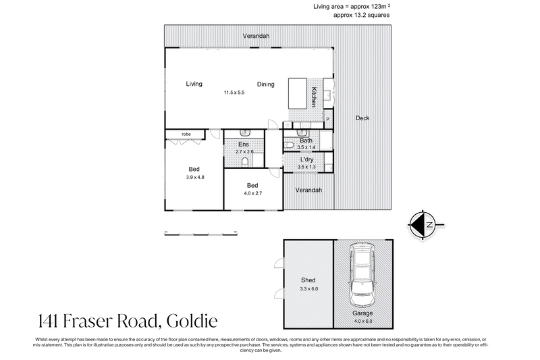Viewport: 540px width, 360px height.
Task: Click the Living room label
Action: point(194,84)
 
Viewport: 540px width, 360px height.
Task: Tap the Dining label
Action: point(265,84)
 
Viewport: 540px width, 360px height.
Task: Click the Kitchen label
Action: point(314,97)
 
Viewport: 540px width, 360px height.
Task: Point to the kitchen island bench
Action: point(298,93)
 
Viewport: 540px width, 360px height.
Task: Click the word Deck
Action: point(362,118)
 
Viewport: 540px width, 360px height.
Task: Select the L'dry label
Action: point(307,159)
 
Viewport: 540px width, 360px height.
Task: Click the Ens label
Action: point(244,145)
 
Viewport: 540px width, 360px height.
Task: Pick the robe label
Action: point(186,134)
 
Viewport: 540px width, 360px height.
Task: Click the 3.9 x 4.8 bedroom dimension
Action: point(195,177)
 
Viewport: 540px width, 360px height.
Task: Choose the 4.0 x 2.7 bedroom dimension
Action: point(252,193)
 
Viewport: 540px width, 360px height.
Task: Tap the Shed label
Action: point(308,280)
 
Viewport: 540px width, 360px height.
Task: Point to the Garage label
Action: point(362,313)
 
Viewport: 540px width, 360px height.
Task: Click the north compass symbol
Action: point(423,224)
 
